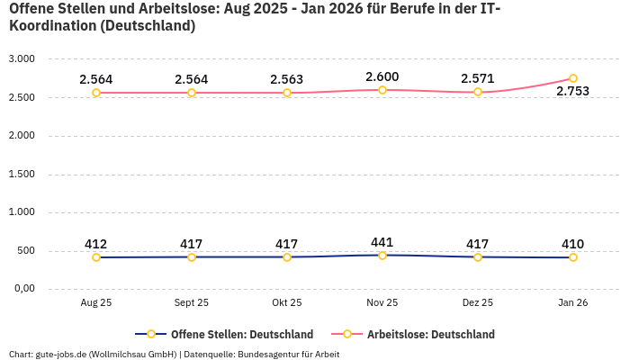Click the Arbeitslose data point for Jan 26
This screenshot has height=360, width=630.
[573, 78]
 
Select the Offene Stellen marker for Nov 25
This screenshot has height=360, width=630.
[382, 256]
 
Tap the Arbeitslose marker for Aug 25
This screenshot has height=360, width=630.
[96, 93]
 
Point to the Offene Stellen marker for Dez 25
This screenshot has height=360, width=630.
[478, 257]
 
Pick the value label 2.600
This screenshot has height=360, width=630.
[382, 76]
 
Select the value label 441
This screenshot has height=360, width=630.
[382, 242]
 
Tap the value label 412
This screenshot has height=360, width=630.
[96, 244]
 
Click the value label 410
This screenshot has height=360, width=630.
[573, 244]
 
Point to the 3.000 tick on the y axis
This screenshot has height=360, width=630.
[21, 58]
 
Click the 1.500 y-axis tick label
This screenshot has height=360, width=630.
[21, 174]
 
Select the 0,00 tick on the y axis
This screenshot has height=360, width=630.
[22, 289]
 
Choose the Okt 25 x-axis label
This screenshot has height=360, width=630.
[287, 303]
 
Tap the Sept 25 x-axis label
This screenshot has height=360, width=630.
[192, 303]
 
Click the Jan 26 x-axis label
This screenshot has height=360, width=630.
[573, 303]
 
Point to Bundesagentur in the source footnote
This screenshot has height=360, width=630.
[269, 354]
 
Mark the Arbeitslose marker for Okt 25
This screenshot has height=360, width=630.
[287, 93]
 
